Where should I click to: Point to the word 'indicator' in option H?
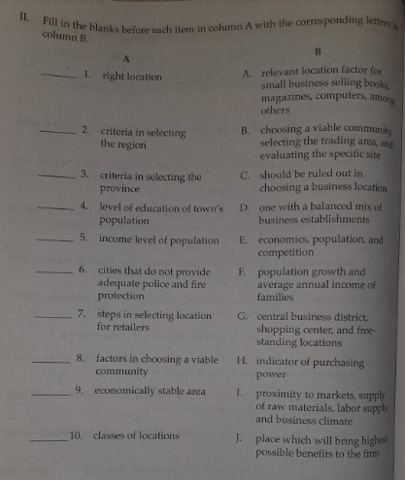(x=283, y=360)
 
